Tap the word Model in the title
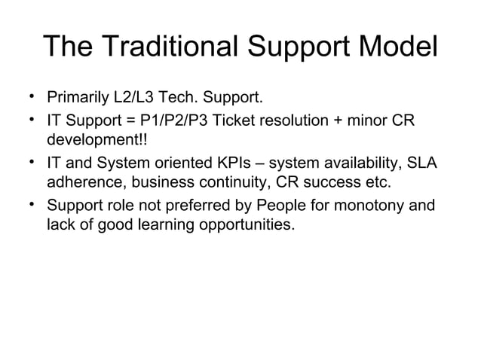coord(391,47)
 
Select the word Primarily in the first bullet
coord(77,99)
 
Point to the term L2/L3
coord(135,99)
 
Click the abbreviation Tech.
coord(183,99)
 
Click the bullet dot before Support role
coord(32,204)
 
